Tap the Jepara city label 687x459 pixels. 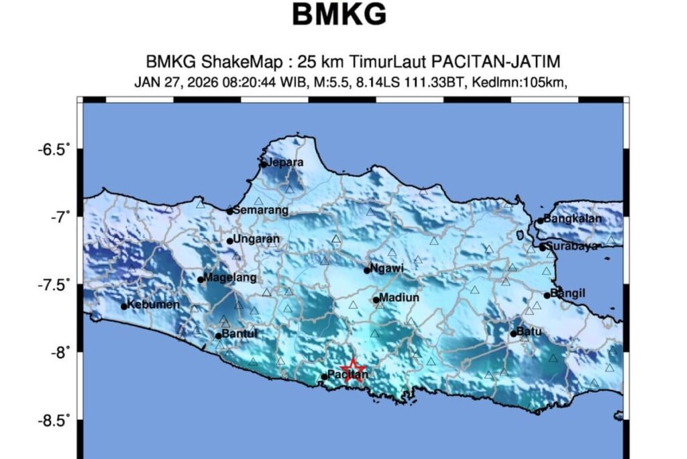(x=284, y=162)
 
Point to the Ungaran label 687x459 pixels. (x=256, y=239)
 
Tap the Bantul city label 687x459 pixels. (x=240, y=333)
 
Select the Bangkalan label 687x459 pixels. (x=573, y=218)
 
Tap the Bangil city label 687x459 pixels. (x=568, y=292)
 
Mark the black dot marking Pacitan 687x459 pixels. (x=324, y=377)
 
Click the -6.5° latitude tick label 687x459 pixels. (x=54, y=149)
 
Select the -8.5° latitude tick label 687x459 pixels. (x=54, y=421)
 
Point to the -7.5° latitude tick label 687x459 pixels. (x=54, y=286)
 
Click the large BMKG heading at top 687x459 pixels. (x=339, y=15)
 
